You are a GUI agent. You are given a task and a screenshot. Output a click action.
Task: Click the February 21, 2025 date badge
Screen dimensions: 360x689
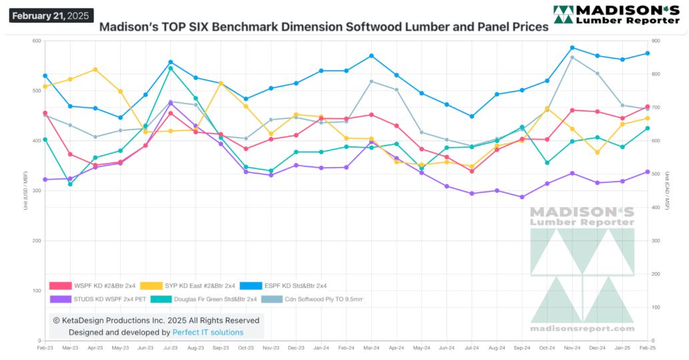(x=51, y=15)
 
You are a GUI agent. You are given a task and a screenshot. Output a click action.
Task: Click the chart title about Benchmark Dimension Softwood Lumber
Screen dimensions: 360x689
(x=324, y=27)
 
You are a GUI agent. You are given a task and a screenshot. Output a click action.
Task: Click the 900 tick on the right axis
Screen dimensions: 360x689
(x=658, y=41)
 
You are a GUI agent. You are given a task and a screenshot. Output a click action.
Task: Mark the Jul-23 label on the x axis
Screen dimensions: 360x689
(x=170, y=349)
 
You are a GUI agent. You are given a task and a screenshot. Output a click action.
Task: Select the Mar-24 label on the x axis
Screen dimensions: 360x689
(x=371, y=349)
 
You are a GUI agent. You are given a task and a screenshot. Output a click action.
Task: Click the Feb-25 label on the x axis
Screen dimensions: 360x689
(x=647, y=349)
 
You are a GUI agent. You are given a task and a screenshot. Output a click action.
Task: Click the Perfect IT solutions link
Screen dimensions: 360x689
(x=208, y=332)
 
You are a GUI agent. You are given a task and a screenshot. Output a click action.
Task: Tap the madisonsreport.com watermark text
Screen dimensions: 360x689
(x=582, y=328)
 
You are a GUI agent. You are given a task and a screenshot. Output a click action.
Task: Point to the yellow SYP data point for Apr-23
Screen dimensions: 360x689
(x=95, y=69)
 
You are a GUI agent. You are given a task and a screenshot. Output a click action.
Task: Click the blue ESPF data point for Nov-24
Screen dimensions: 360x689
(x=572, y=47)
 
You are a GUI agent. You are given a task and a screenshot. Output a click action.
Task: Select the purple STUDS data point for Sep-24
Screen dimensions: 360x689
(x=521, y=197)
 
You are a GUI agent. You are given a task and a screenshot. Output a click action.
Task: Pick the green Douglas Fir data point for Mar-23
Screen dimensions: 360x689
(x=70, y=184)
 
